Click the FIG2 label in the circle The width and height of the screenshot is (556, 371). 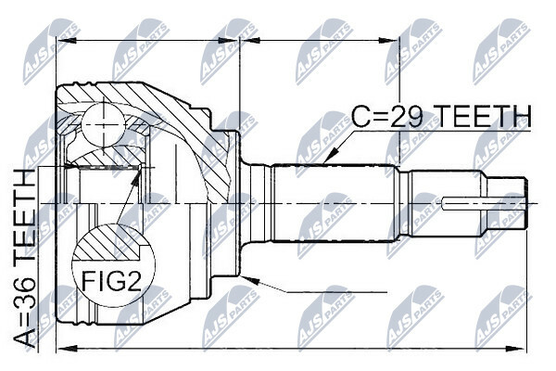(113, 281)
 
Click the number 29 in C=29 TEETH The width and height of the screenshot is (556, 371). (411, 116)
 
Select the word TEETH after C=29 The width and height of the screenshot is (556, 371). (484, 116)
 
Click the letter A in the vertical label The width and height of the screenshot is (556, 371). (25, 339)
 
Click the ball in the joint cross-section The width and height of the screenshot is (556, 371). (103, 124)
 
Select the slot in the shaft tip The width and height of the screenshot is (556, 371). (484, 203)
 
